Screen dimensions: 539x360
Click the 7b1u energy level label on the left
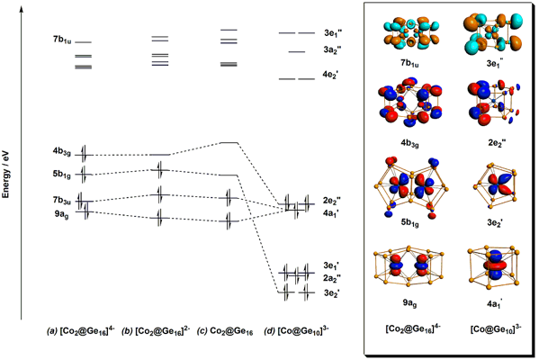point(62,40)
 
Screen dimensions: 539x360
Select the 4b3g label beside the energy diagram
point(62,152)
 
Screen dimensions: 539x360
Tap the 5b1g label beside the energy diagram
point(62,175)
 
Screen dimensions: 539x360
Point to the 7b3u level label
point(62,200)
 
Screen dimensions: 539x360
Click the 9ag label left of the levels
point(61,214)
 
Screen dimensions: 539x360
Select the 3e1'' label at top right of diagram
point(332,33)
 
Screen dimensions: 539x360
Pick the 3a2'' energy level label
point(332,50)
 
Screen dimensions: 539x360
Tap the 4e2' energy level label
point(330,75)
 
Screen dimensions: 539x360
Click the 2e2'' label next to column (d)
point(331,201)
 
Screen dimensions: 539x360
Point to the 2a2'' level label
point(332,278)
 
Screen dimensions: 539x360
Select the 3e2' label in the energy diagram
point(331,293)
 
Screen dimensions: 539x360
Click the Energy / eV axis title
point(5,175)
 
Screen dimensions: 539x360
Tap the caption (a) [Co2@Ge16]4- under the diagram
point(81,331)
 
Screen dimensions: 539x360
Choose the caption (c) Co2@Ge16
point(225,332)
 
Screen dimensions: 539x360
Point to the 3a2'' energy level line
point(297,52)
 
